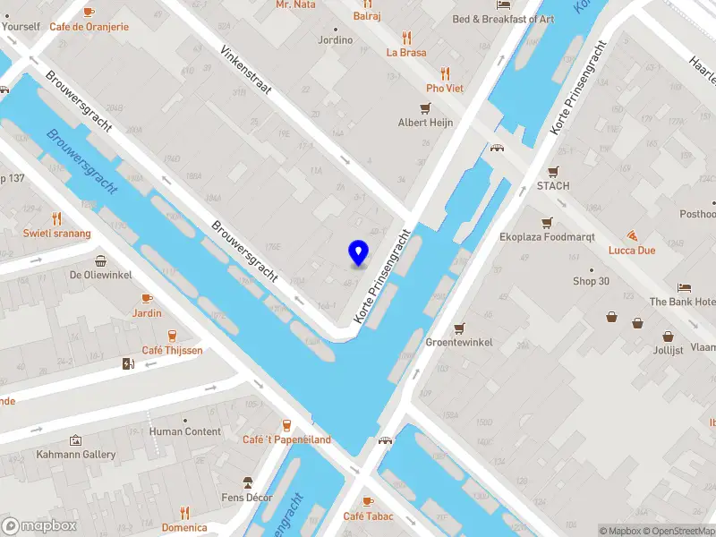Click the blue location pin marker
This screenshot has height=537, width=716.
[359, 253]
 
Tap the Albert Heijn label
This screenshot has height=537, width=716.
[425, 123]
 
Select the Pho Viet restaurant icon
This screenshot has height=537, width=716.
[445, 74]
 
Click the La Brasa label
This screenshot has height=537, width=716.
[406, 52]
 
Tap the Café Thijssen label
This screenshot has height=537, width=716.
[172, 350]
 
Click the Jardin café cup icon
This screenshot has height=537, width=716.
[147, 298]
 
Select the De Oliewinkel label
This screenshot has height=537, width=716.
[101, 276]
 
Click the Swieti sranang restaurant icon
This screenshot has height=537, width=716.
[57, 218]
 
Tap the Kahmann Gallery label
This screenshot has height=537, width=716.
[76, 455]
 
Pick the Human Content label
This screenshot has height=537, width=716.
[185, 431]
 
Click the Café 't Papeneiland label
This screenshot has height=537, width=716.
[286, 439]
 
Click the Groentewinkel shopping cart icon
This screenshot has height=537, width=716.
[460, 328]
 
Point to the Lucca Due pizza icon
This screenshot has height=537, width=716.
[633, 235]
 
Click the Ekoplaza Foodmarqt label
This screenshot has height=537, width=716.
[546, 238]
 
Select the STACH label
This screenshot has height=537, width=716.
[553, 185]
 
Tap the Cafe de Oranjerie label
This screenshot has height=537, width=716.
[89, 27]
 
